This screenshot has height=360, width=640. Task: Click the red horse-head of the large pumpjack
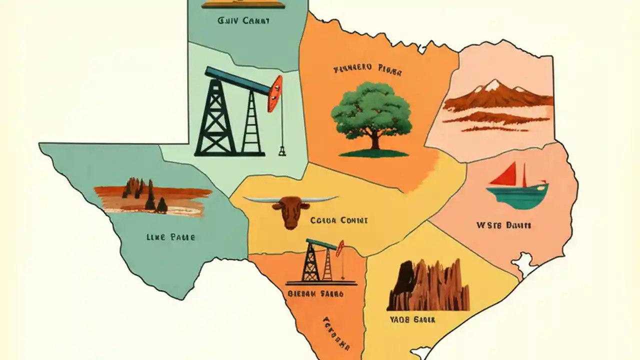pos(274,93)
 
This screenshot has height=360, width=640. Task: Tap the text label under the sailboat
pos(503,225)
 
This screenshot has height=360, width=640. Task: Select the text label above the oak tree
pos(367,70)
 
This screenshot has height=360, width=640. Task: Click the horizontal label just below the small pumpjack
pos(315,294)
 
